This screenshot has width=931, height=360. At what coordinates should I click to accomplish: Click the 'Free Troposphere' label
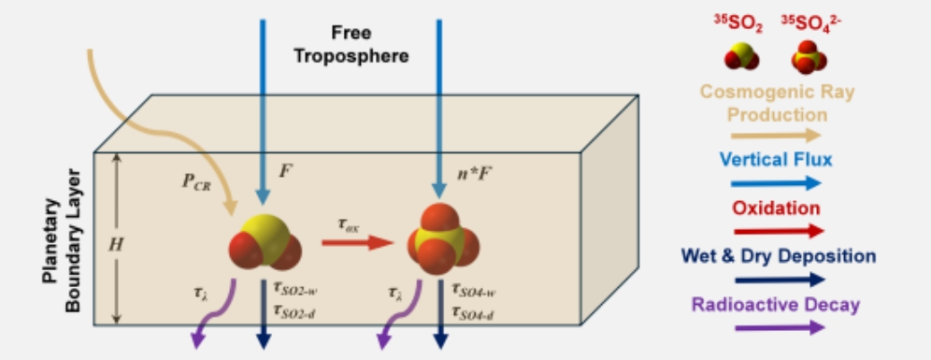pyautogui.click(x=351, y=44)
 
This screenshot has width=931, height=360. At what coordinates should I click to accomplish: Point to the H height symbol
pyautogui.click(x=116, y=244)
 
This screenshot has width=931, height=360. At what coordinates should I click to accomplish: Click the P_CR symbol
pyautogui.click(x=196, y=181)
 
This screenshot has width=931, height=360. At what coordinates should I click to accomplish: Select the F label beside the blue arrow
pyautogui.click(x=287, y=172)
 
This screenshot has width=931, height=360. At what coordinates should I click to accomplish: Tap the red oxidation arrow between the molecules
pyautogui.click(x=358, y=242)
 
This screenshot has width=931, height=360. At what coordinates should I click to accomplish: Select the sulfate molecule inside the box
pyautogui.click(x=443, y=238)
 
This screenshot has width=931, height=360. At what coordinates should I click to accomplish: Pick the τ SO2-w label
pyautogui.click(x=297, y=289)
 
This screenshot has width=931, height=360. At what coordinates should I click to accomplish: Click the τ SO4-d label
pyautogui.click(x=473, y=312)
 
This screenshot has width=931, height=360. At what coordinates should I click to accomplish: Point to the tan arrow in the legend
pyautogui.click(x=776, y=136)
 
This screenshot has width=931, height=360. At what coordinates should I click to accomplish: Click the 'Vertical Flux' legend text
pyautogui.click(x=776, y=159)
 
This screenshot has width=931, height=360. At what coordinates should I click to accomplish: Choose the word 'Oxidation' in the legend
pyautogui.click(x=776, y=208)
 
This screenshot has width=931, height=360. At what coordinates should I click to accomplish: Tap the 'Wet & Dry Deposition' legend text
pyautogui.click(x=779, y=256)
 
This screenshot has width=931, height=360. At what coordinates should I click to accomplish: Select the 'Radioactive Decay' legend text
pyautogui.click(x=776, y=305)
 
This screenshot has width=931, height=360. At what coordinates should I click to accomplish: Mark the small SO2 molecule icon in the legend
pyautogui.click(x=741, y=57)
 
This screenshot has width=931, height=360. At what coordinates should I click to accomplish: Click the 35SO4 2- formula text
pyautogui.click(x=809, y=22)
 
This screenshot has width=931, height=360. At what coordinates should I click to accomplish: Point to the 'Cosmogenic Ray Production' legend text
pyautogui.click(x=778, y=102)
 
